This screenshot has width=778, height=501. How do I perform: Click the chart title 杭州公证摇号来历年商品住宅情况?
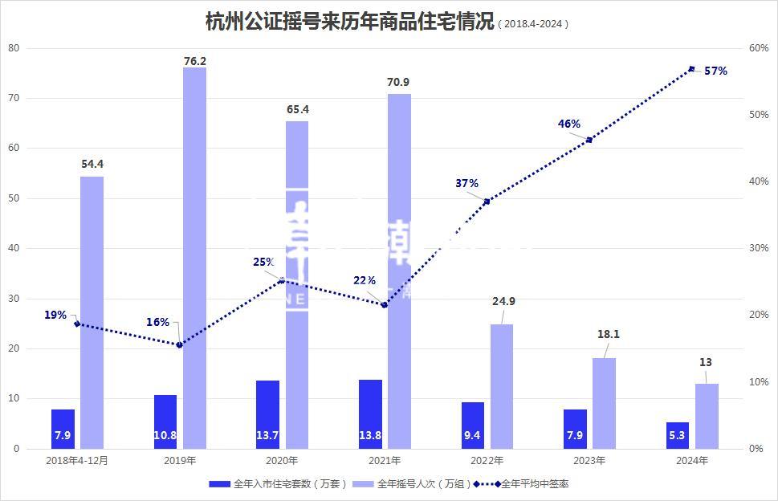[349, 22]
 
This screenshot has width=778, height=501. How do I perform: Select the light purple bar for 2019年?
[194, 257]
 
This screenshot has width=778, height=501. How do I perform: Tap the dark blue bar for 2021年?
[370, 413]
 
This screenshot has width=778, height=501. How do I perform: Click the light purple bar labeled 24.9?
[502, 385]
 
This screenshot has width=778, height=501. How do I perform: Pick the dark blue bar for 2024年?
[678, 435]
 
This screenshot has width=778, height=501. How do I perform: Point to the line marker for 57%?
[691, 69]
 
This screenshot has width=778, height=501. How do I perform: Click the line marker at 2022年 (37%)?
[487, 201]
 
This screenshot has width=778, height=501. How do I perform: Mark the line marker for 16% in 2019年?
[179, 345]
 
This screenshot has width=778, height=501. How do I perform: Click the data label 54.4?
[92, 164]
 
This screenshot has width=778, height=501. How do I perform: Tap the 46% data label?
[569, 124]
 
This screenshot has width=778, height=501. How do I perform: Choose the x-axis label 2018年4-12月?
[77, 461]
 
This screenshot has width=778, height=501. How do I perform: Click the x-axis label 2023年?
[589, 461]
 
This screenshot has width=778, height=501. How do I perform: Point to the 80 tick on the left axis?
[14, 47]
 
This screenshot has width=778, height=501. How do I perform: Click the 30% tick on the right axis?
[758, 248]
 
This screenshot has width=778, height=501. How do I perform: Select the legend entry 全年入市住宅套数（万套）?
[277, 484]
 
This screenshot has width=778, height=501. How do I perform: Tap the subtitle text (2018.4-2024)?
[533, 24]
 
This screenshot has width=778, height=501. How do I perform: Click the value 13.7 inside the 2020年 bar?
[268, 435]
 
